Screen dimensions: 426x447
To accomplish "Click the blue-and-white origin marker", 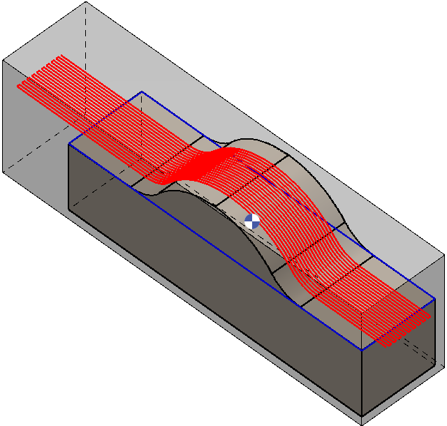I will (x=252, y=221).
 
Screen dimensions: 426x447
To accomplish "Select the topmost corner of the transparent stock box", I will (x=86, y=2).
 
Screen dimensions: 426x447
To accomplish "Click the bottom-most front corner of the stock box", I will (x=362, y=424).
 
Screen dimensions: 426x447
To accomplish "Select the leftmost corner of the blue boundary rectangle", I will (x=68, y=144).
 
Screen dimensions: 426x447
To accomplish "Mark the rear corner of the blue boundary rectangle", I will (x=142, y=91).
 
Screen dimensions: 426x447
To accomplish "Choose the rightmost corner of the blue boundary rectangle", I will (x=435, y=299).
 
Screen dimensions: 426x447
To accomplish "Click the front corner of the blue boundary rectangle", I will (x=361, y=349).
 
